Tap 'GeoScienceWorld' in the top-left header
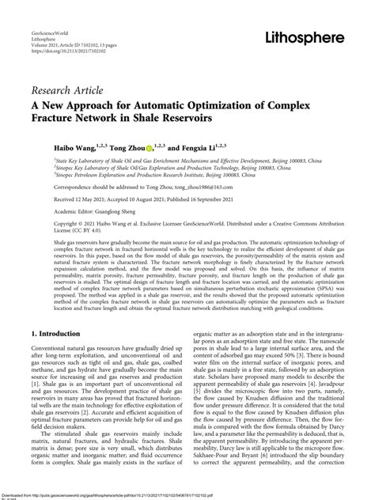point(46,36)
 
